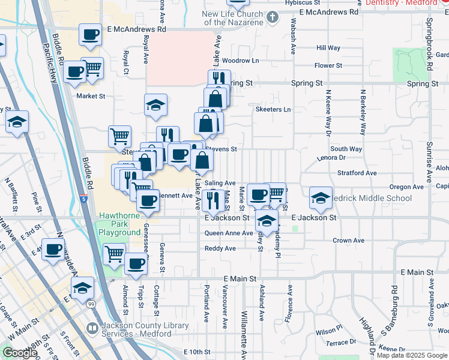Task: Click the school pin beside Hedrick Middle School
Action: tap(321, 199)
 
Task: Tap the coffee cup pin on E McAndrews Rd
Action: tap(90, 36)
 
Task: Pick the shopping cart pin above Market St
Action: tap(92, 68)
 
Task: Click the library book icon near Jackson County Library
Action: tap(92, 328)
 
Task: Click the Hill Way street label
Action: tap(328, 48)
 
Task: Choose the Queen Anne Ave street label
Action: tap(229, 233)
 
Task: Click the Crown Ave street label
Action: tap(349, 241)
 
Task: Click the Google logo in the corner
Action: tap(20, 353)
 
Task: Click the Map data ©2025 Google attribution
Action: tap(411, 355)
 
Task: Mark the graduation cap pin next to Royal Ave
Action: tap(155, 106)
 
